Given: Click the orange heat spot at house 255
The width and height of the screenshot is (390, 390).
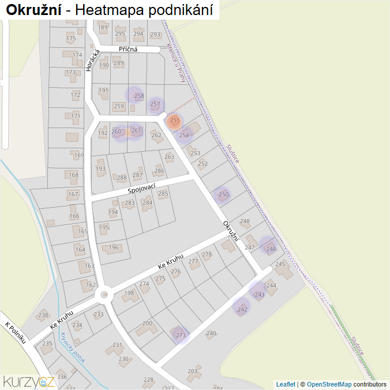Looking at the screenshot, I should tap(174, 121).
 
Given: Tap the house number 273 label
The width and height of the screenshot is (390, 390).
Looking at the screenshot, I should tap(181, 335).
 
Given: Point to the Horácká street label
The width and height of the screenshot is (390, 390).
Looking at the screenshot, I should tap(91, 60).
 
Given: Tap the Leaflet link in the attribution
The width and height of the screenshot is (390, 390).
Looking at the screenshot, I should tap(286, 384).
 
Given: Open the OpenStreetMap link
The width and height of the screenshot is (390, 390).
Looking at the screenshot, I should tap(329, 384).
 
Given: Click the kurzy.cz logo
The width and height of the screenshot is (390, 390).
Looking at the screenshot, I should tap(28, 381).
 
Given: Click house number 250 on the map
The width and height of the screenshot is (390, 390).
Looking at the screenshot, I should tap(223, 195).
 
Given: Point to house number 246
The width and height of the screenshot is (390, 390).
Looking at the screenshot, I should tap(271, 249).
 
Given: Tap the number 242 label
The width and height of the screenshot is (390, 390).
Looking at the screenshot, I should tap(242, 309).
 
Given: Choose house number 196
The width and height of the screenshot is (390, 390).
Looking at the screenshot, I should tap(114, 247).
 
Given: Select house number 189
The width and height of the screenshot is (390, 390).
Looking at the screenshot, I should tap(103, 28).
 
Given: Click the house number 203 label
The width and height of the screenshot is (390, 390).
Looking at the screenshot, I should tap(193, 372).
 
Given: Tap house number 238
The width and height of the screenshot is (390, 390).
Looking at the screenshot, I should tap(43, 315).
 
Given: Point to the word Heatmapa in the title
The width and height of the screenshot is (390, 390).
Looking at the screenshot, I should tap(108, 10).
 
